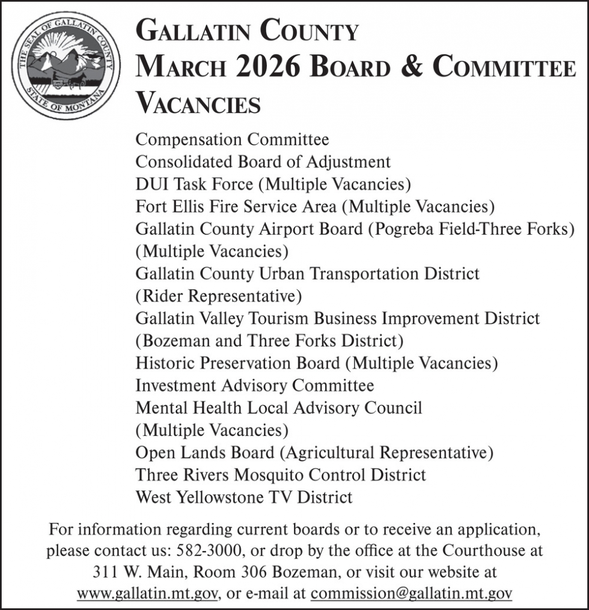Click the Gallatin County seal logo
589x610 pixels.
[66, 66]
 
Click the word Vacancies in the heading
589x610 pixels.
[198, 103]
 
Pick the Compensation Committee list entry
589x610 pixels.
[232, 140]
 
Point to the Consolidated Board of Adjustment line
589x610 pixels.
[263, 162]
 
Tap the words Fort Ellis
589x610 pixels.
[169, 207]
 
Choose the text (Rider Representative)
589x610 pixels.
[219, 296]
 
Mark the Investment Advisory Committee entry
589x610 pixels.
[254, 385]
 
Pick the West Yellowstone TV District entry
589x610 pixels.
[244, 497]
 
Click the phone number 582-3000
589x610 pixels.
[212, 550]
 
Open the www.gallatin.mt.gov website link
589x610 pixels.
[147, 594]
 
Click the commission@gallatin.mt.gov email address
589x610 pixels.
[411, 594]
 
